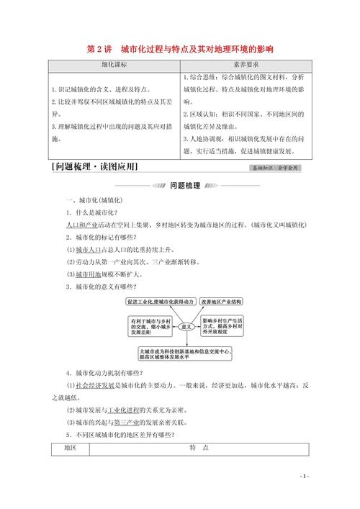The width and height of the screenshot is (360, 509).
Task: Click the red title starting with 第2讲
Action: point(180,49)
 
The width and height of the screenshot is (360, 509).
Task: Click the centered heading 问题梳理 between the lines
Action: point(180,185)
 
